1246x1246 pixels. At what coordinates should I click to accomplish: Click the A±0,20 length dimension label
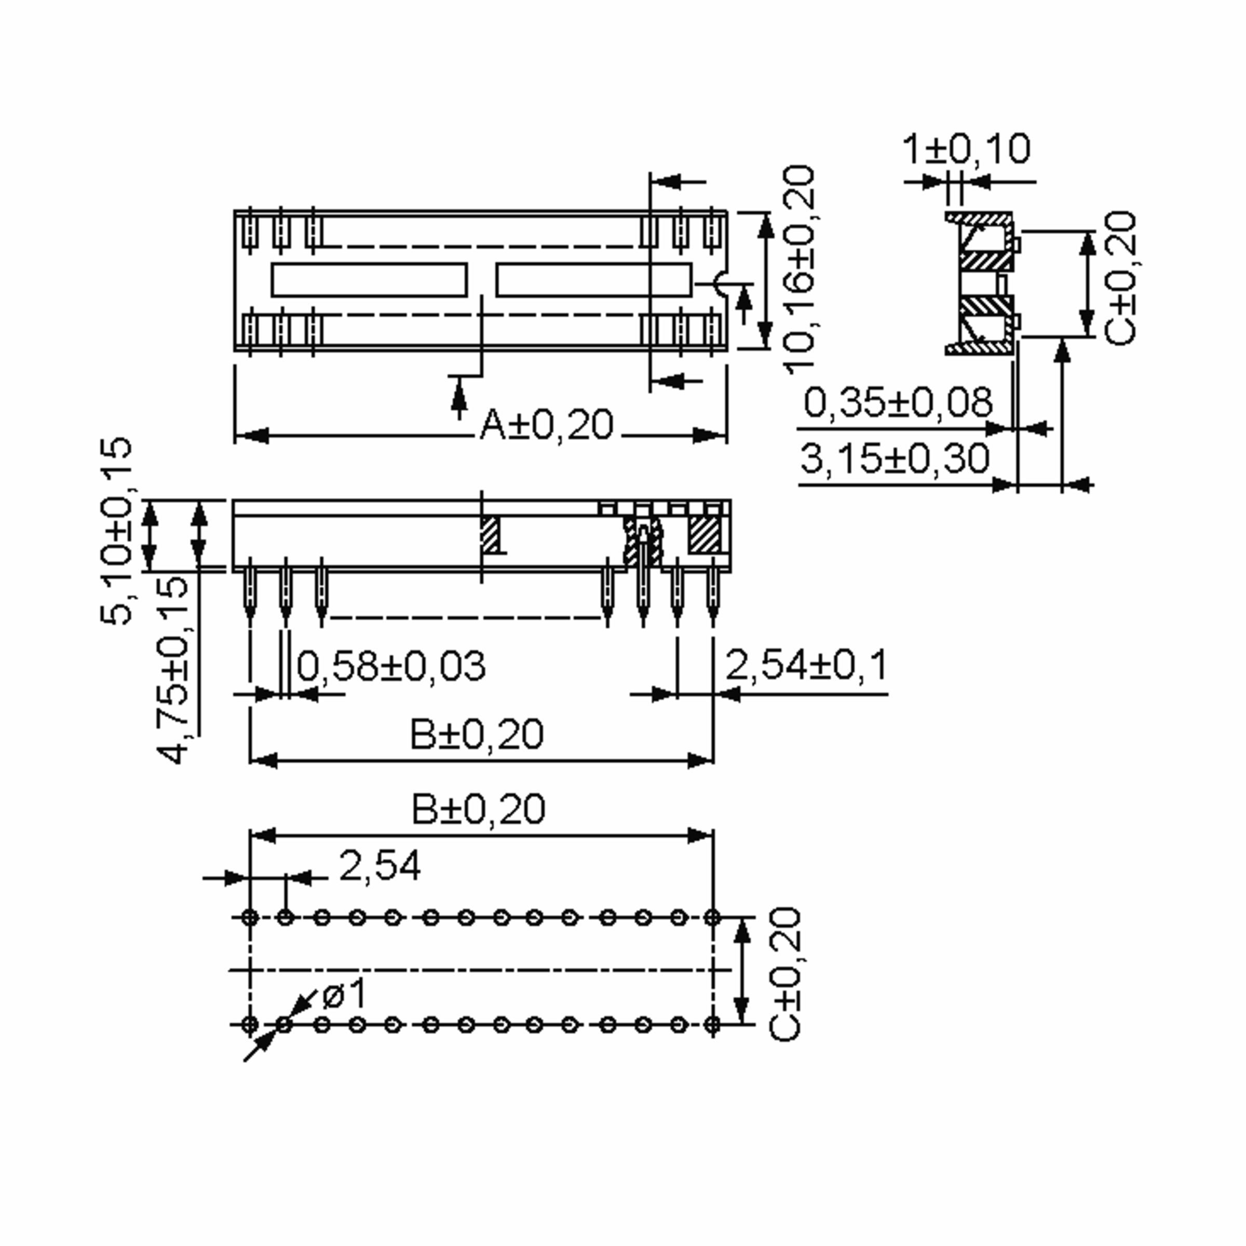pyautogui.click(x=546, y=426)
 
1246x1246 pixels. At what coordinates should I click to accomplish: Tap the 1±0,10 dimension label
pyautogui.click(x=966, y=150)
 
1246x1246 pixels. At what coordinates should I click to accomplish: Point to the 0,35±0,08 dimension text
pyautogui.click(x=898, y=403)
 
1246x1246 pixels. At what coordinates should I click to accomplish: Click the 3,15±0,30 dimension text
pyautogui.click(x=895, y=459)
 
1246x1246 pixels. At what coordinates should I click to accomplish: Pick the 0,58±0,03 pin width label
pyautogui.click(x=391, y=666)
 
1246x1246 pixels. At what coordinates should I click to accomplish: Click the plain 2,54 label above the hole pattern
pyautogui.click(x=379, y=866)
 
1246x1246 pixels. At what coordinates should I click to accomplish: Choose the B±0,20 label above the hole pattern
pyautogui.click(x=478, y=809)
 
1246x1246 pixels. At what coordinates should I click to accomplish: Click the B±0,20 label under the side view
pyautogui.click(x=477, y=734)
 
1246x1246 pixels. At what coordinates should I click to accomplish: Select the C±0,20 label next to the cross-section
pyautogui.click(x=1120, y=277)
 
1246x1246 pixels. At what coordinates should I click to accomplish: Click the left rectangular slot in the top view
pyautogui.click(x=369, y=280)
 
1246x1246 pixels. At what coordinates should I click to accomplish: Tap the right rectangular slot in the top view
pyautogui.click(x=593, y=280)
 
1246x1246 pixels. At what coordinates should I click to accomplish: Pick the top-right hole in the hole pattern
pyautogui.click(x=712, y=917)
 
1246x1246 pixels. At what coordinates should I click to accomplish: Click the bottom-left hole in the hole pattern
pyautogui.click(x=250, y=1024)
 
